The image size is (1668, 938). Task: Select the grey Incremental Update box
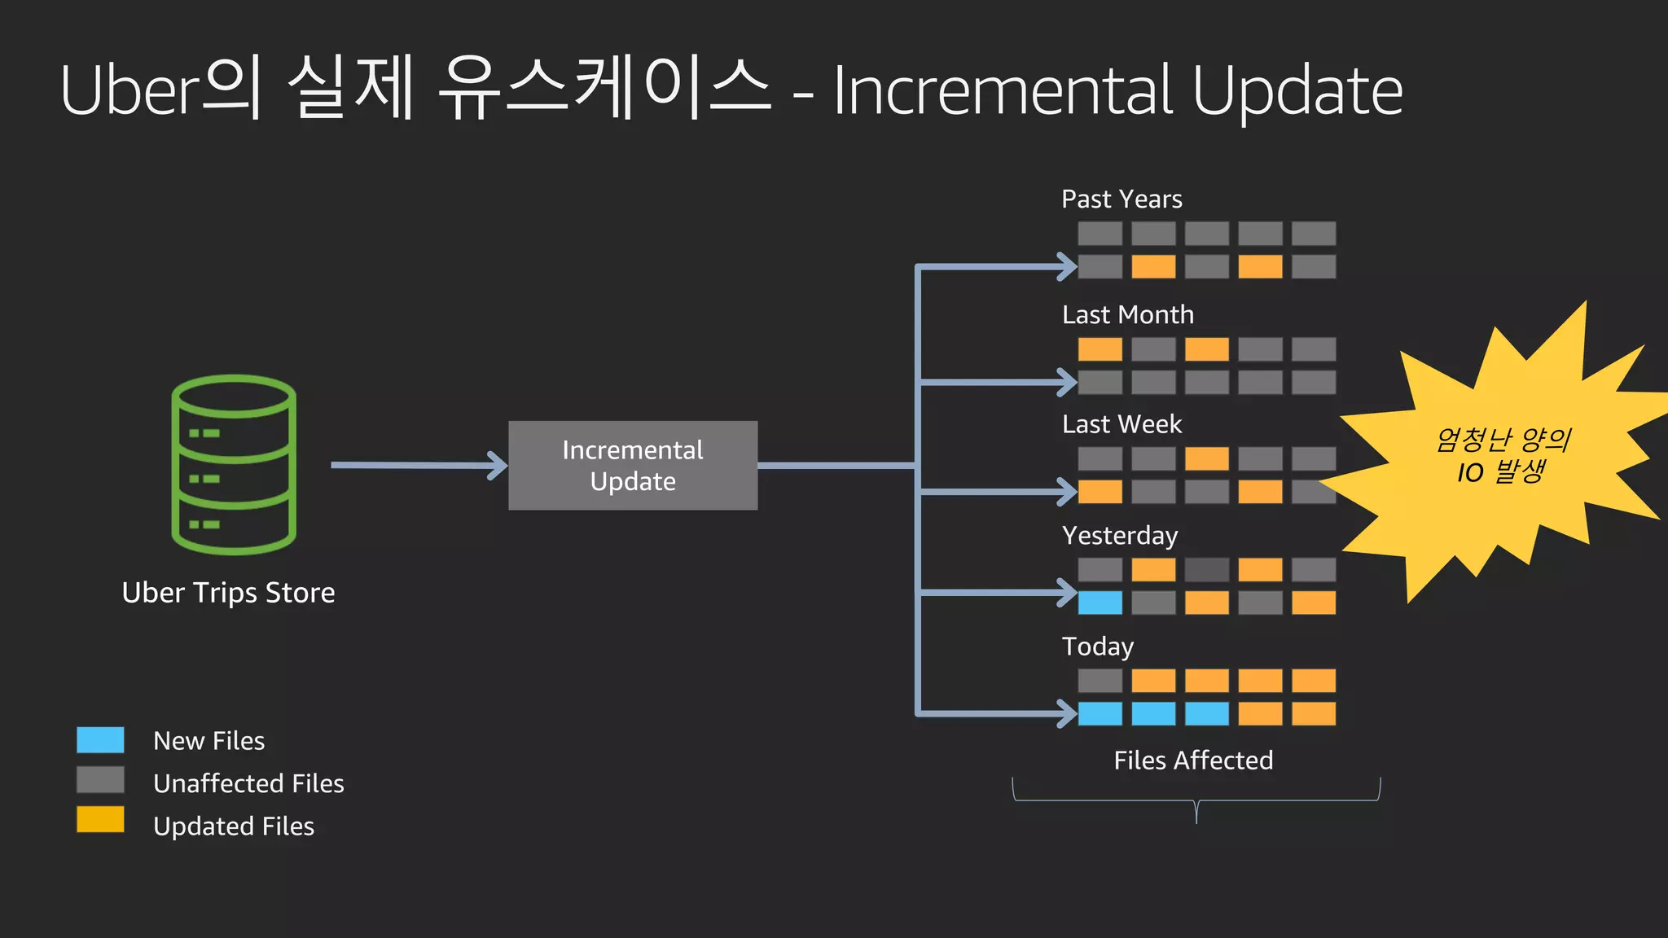tap(633, 466)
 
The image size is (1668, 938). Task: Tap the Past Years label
tap(1122, 199)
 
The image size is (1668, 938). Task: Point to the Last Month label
tap(1127, 315)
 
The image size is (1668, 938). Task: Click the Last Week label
tap(1122, 424)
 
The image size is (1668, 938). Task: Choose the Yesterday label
tap(1120, 536)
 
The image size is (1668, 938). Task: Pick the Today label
tap(1097, 647)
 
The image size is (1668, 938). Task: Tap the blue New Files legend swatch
tap(100, 740)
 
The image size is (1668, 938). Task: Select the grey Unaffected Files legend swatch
tap(100, 780)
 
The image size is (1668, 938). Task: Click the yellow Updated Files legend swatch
tap(100, 820)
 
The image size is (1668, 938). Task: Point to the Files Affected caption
tap(1193, 760)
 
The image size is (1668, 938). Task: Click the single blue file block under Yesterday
tap(1100, 603)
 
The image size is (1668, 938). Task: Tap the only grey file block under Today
tap(1100, 681)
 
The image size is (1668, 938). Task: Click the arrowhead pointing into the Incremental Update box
tap(498, 466)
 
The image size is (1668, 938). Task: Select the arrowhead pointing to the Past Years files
tap(1067, 266)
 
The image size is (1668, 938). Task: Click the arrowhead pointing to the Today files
tap(1067, 714)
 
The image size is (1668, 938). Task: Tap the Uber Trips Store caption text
tap(228, 593)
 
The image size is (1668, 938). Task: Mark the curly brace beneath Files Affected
tap(1196, 801)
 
